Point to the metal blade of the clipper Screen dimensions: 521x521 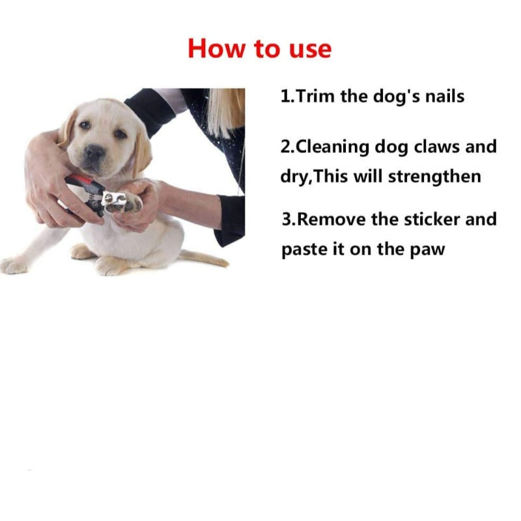click(x=113, y=199)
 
